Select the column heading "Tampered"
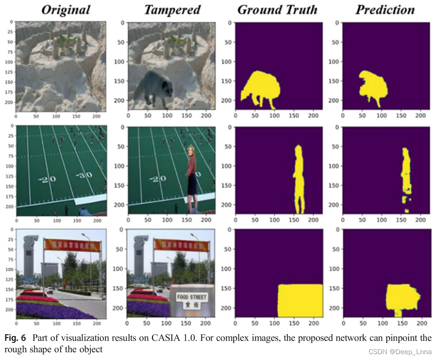pos(172,9)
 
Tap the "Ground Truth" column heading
pos(277,9)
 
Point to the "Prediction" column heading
pos(385,9)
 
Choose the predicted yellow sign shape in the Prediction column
pos(401,296)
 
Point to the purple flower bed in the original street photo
pos(54,310)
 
